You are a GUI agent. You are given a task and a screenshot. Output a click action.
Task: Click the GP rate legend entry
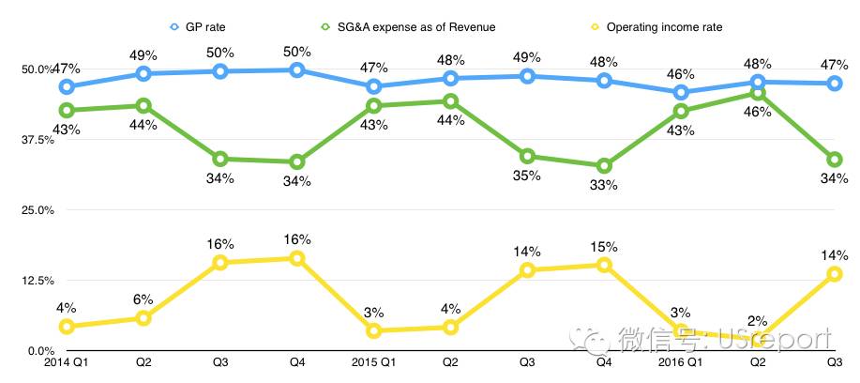point(203,26)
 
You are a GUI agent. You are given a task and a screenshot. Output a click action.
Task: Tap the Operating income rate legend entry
point(661,26)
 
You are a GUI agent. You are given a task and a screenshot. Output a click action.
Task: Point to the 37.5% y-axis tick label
point(37,140)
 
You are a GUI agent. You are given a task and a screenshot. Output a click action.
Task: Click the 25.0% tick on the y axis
point(37,210)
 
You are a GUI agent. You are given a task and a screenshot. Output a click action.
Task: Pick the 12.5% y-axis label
point(37,281)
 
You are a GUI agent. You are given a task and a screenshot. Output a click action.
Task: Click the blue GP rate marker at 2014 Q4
point(297,69)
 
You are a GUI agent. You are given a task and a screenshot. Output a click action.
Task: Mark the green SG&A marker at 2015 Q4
point(605,166)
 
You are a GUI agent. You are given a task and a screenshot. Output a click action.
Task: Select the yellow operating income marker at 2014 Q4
point(297,258)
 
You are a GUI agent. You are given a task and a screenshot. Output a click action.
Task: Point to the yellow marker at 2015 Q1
point(374,330)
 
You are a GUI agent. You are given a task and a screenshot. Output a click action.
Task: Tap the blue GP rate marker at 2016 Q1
point(681,92)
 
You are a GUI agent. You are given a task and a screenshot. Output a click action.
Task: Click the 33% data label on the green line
point(605,185)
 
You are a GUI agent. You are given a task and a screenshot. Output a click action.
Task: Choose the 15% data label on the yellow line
point(605,247)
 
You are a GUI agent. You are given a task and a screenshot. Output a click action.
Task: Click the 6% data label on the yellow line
point(143,299)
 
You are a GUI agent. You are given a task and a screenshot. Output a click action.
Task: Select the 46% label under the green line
point(758,112)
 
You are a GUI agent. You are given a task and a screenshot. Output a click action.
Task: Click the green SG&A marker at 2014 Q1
point(67,110)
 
